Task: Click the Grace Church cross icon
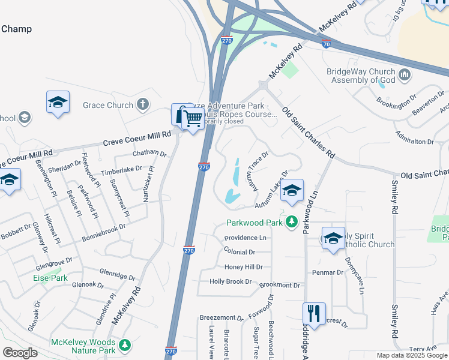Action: pos(142,105)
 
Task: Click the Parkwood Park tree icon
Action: pos(292,223)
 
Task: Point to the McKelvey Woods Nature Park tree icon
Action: pos(124,345)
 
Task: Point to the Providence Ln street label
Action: pos(246,238)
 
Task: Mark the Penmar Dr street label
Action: pos(327,272)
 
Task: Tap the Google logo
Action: pos(20,353)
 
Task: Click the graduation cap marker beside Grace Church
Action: pos(58,103)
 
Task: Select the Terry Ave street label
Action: pos(423,349)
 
